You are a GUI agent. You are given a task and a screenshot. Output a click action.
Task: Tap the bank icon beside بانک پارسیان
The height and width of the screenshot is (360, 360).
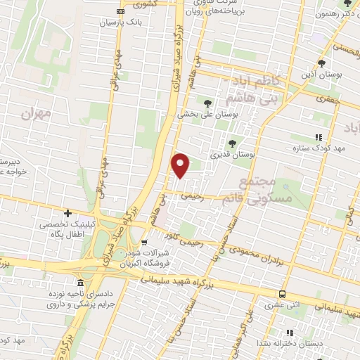pos(121,12)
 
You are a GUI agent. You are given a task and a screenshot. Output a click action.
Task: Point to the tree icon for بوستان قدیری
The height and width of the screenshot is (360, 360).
pos(233,143)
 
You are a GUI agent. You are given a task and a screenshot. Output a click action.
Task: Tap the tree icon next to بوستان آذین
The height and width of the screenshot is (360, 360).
pos(321,63)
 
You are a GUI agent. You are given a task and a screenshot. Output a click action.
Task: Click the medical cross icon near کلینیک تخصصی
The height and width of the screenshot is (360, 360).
pos(68,213)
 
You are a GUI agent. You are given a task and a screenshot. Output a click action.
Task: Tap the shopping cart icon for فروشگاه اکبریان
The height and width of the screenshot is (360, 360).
pos(144,264)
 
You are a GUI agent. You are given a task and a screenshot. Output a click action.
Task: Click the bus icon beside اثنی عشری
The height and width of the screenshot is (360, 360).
pos(282,295)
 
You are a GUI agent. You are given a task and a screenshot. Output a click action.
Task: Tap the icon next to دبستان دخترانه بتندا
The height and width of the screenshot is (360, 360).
pos(288,333)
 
